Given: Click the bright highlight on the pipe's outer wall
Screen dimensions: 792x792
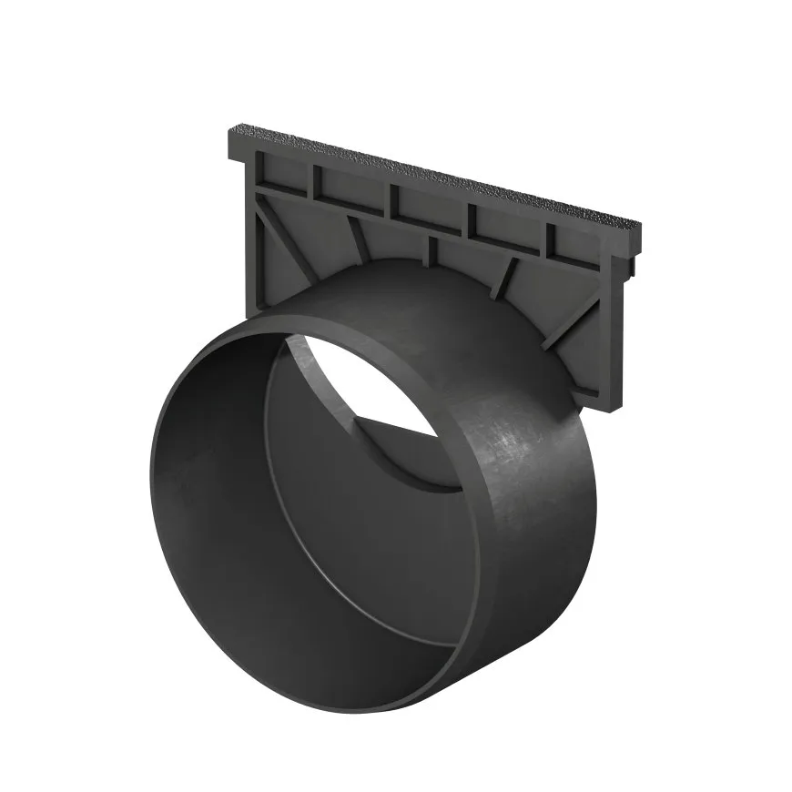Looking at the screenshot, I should click(x=519, y=446).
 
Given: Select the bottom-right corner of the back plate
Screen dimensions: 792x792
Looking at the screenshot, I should click(x=596, y=397).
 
